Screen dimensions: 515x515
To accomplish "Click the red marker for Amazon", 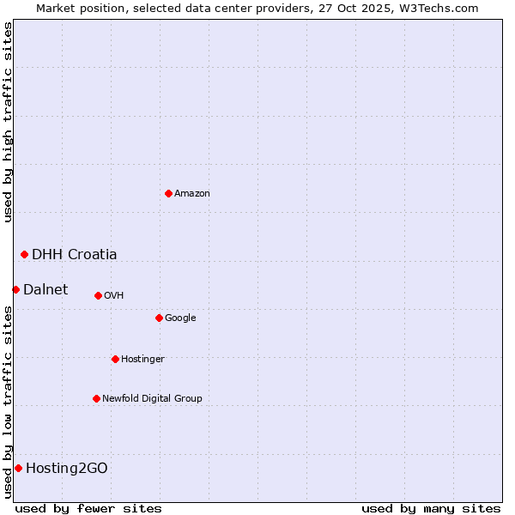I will click(168, 193).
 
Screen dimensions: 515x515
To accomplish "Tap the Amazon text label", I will click(192, 194).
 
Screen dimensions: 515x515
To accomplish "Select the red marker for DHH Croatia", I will click(24, 254).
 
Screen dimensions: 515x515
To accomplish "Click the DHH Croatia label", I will click(75, 255).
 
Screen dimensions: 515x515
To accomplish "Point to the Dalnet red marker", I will click(15, 289).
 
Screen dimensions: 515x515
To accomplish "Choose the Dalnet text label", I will click(45, 290).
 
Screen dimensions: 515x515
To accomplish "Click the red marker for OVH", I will click(98, 295).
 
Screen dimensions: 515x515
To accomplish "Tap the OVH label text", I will click(114, 296).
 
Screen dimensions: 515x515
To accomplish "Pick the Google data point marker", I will click(159, 318).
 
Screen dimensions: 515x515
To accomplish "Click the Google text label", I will click(180, 318).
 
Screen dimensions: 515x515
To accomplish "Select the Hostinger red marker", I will click(115, 359).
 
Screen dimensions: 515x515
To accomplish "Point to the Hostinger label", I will click(142, 360).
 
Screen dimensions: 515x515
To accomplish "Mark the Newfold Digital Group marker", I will click(96, 398).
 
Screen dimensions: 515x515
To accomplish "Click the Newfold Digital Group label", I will click(152, 399).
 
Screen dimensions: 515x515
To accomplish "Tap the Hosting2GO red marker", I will click(18, 468).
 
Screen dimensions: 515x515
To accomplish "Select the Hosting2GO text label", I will click(67, 469).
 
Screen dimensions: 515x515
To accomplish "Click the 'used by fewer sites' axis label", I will click(88, 508).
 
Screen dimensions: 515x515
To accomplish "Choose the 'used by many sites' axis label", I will click(431, 508).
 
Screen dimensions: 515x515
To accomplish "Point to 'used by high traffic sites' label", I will click(9, 122).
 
